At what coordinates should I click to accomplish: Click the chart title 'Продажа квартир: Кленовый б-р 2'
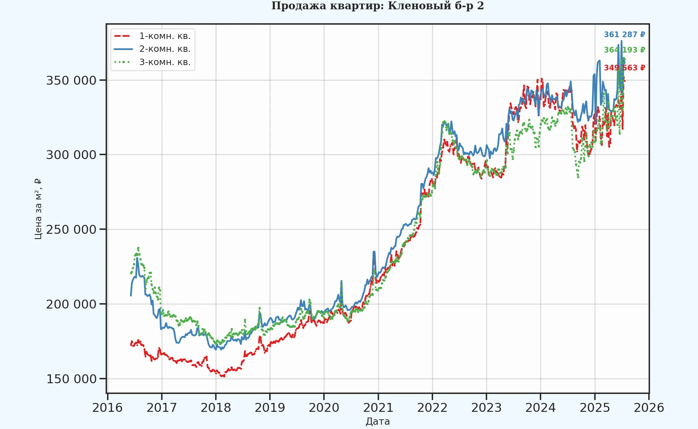point(377,6)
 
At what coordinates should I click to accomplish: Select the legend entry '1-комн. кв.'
point(165,36)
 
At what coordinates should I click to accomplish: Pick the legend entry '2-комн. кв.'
point(165,49)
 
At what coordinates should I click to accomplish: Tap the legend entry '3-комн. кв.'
point(165,62)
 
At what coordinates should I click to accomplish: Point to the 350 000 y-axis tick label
point(71,80)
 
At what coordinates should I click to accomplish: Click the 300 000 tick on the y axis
point(71,155)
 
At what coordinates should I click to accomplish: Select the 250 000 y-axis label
point(71,230)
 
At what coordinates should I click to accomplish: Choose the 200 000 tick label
point(71,304)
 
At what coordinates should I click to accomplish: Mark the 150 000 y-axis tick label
point(71,379)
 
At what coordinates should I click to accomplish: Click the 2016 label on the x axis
point(107,408)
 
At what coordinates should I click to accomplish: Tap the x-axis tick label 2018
point(215,408)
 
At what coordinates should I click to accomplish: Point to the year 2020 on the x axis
point(324,408)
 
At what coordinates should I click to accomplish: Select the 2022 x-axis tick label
point(432,408)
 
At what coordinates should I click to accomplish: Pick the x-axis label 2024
point(541,408)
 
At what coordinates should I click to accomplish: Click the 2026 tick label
point(649,408)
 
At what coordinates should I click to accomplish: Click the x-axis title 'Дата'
point(378,421)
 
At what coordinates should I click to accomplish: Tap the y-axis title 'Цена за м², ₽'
point(38,209)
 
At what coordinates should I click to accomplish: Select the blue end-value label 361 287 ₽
point(624,35)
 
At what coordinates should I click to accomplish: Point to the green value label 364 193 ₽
point(624,50)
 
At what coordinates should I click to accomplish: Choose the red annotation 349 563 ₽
point(624,68)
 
